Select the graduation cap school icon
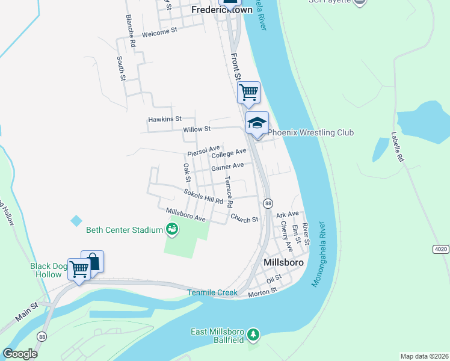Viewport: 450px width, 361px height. [x=257, y=123]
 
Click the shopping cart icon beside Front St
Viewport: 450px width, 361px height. [x=248, y=93]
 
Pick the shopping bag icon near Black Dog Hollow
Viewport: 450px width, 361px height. [x=93, y=261]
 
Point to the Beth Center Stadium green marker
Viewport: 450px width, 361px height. [x=172, y=229]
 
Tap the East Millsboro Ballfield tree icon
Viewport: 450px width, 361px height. [x=254, y=334]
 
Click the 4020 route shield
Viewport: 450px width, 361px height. [x=441, y=248]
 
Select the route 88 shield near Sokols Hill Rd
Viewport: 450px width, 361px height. [x=268, y=203]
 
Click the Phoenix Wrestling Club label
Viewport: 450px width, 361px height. [x=310, y=132]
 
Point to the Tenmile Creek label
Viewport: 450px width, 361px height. [x=209, y=292]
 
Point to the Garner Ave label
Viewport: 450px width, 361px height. [x=227, y=166]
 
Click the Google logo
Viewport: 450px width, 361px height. [x=20, y=353]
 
